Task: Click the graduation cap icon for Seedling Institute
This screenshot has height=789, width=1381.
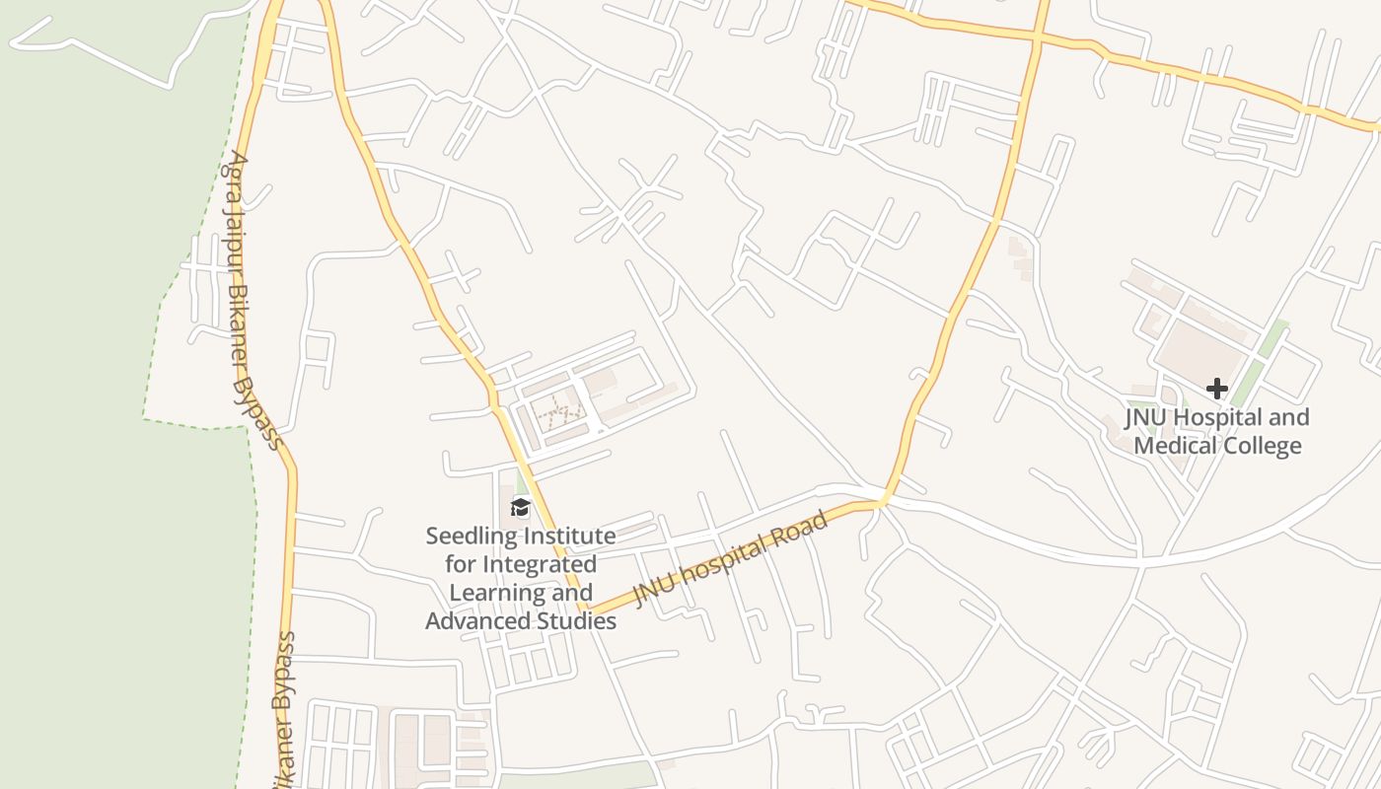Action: point(520,508)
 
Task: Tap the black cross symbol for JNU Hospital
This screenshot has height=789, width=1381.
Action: point(1216,389)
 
